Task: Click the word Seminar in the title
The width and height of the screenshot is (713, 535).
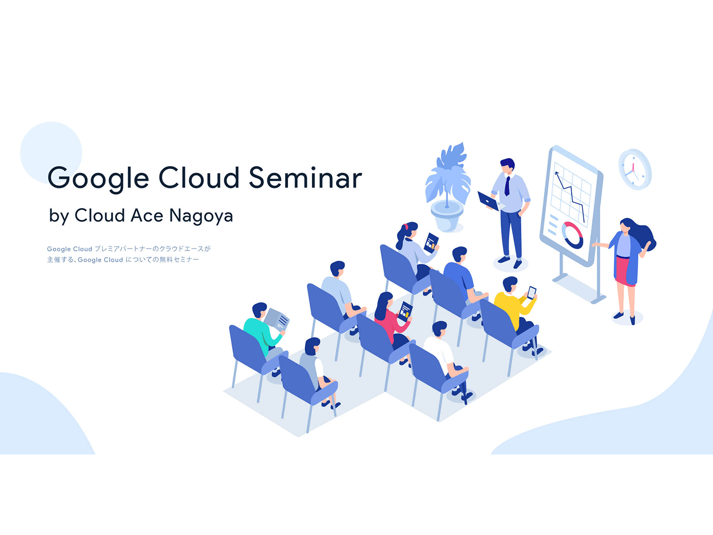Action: (x=305, y=178)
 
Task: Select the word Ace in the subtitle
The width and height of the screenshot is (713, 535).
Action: (x=147, y=215)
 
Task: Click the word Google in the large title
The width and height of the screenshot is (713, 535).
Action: (x=98, y=179)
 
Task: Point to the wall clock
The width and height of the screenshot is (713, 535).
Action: (x=635, y=169)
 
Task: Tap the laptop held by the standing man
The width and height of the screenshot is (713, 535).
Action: (x=488, y=201)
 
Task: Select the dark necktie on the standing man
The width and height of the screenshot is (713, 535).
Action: (x=507, y=186)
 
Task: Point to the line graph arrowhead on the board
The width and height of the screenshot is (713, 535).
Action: (x=556, y=174)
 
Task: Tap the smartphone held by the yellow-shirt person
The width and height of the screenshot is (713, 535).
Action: (x=531, y=293)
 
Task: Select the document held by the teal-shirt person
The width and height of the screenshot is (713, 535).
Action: (x=277, y=320)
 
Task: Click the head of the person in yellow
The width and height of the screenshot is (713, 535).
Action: (x=510, y=284)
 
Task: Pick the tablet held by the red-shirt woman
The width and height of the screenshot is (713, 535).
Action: (x=405, y=311)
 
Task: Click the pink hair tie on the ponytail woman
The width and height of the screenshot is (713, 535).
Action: (x=405, y=226)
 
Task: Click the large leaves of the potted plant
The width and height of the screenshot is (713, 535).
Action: (x=448, y=175)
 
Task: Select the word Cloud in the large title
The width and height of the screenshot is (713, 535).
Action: (x=198, y=178)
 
